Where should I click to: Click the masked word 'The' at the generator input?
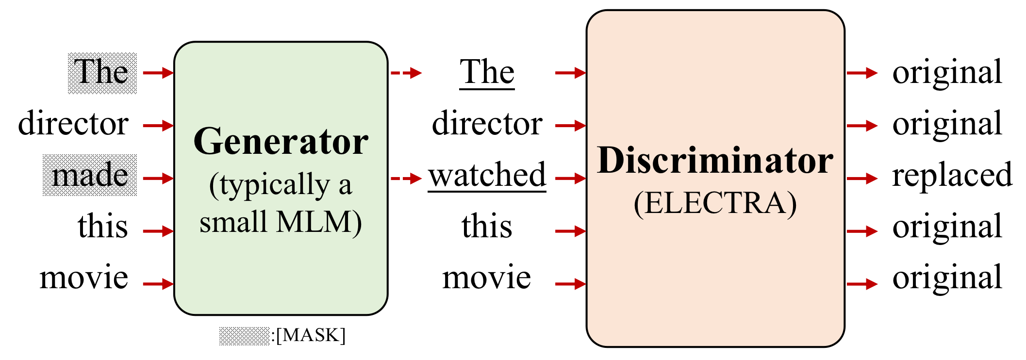point(101,73)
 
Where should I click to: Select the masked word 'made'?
point(90,176)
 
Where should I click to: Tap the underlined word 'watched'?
point(487,176)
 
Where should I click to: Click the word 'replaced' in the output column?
point(952,176)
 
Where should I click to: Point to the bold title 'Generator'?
point(281,142)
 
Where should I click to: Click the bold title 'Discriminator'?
point(715,161)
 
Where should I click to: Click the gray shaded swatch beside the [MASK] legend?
point(244,336)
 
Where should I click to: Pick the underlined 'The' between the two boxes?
point(487,73)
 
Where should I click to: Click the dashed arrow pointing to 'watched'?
point(406,179)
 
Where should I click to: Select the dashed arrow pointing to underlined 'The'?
point(406,73)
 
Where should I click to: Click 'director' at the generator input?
point(73,124)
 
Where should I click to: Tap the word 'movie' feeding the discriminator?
point(486,278)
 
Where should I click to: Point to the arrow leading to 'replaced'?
point(862,179)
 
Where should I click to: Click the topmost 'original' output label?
point(947,73)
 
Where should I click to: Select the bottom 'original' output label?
point(947,278)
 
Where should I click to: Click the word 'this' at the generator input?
point(102,227)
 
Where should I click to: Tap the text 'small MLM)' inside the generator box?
point(281,223)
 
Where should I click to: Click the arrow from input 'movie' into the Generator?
point(158,284)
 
